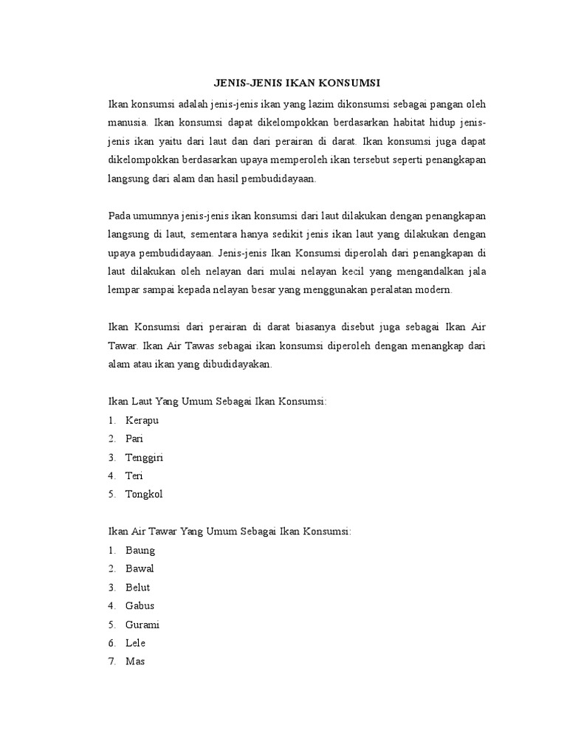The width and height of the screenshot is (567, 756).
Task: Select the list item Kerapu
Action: [x=142, y=420]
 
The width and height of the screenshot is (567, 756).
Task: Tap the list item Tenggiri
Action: [x=144, y=458]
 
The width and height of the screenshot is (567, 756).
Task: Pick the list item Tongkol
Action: [x=143, y=495]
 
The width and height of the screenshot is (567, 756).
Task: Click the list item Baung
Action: [x=140, y=550]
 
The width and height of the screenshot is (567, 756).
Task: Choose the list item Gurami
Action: [x=142, y=625]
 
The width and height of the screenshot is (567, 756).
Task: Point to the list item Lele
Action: [x=137, y=643]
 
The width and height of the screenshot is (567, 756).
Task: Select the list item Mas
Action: [x=135, y=661]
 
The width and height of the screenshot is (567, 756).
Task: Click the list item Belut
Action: [x=138, y=588]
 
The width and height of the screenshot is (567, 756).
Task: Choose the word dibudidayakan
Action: [x=236, y=365]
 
